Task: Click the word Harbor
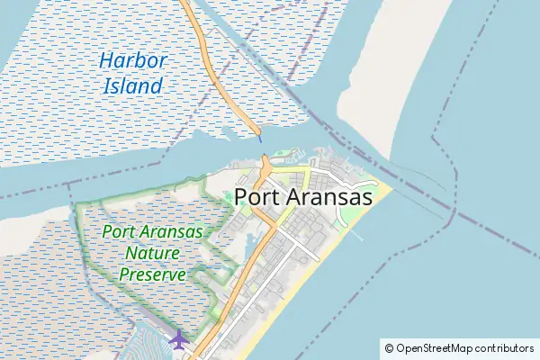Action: click(133, 62)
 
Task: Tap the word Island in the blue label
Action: click(132, 86)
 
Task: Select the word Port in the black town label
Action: click(260, 197)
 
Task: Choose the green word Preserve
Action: click(153, 274)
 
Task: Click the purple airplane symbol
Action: click(179, 339)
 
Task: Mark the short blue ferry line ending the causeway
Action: click(259, 137)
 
